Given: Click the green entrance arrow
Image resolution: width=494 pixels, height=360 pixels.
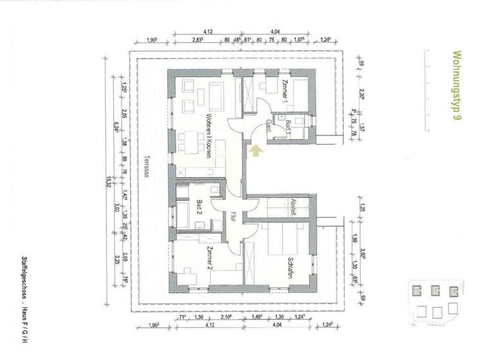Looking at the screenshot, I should tap(256, 151).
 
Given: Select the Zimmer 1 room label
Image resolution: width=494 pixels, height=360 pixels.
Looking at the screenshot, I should tap(284, 92).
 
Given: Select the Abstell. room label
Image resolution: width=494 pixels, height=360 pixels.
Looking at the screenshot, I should tap(293, 206).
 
